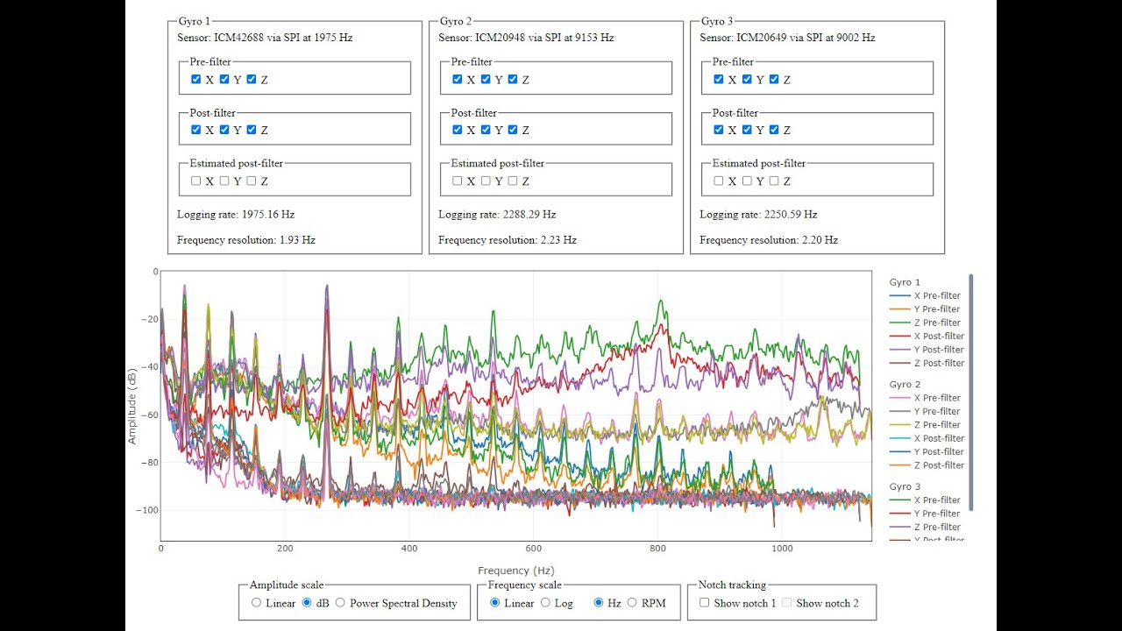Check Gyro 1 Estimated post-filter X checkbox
point(195,181)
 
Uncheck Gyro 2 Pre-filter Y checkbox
point(485,79)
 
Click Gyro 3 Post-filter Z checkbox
point(774,130)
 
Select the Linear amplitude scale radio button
point(256,603)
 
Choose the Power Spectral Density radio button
point(340,603)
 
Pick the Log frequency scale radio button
point(545,603)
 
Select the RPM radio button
point(632,603)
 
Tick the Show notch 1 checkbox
point(705,603)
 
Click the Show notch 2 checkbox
point(786,603)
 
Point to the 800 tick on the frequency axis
point(657,549)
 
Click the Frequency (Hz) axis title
point(515,571)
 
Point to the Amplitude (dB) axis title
point(132,405)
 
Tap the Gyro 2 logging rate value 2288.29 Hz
point(529,215)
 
